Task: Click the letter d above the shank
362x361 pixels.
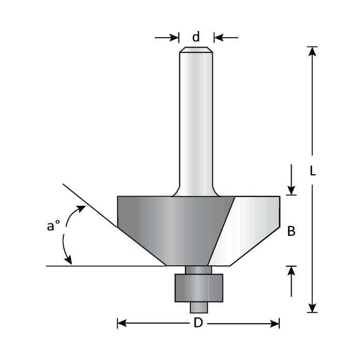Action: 196,37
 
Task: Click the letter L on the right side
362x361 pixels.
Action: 312,171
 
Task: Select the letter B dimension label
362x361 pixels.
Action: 291,232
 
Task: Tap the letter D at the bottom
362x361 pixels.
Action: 198,324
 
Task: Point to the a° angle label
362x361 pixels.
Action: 54,227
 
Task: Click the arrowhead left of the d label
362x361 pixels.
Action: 174,37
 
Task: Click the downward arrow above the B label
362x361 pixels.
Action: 292,189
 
